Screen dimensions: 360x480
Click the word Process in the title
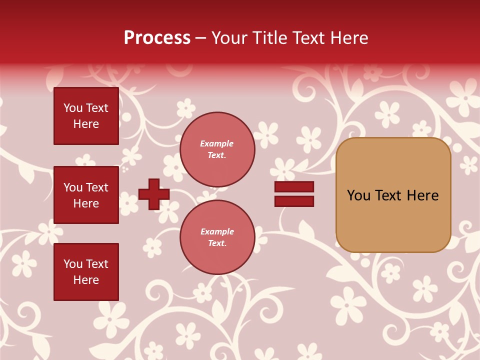click(x=157, y=38)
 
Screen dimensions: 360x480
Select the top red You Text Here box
click(x=86, y=116)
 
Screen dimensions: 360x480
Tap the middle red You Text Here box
click(x=86, y=195)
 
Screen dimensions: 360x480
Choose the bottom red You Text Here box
click(x=86, y=271)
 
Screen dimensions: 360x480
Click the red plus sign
click(x=154, y=194)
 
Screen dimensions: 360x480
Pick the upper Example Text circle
click(x=217, y=149)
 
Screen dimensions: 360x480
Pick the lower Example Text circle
click(x=217, y=237)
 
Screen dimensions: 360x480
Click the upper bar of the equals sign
click(x=294, y=187)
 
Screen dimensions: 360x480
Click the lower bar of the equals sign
click(x=294, y=201)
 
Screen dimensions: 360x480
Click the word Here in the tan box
click(x=422, y=195)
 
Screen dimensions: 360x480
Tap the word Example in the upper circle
click(x=216, y=143)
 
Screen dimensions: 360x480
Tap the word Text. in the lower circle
click(x=217, y=243)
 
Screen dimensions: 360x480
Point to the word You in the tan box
click(x=358, y=195)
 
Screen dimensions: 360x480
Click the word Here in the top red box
click(x=86, y=124)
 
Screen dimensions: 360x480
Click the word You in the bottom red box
click(x=73, y=264)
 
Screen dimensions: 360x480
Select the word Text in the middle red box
click(x=97, y=187)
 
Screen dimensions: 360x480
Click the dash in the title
click(x=201, y=38)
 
